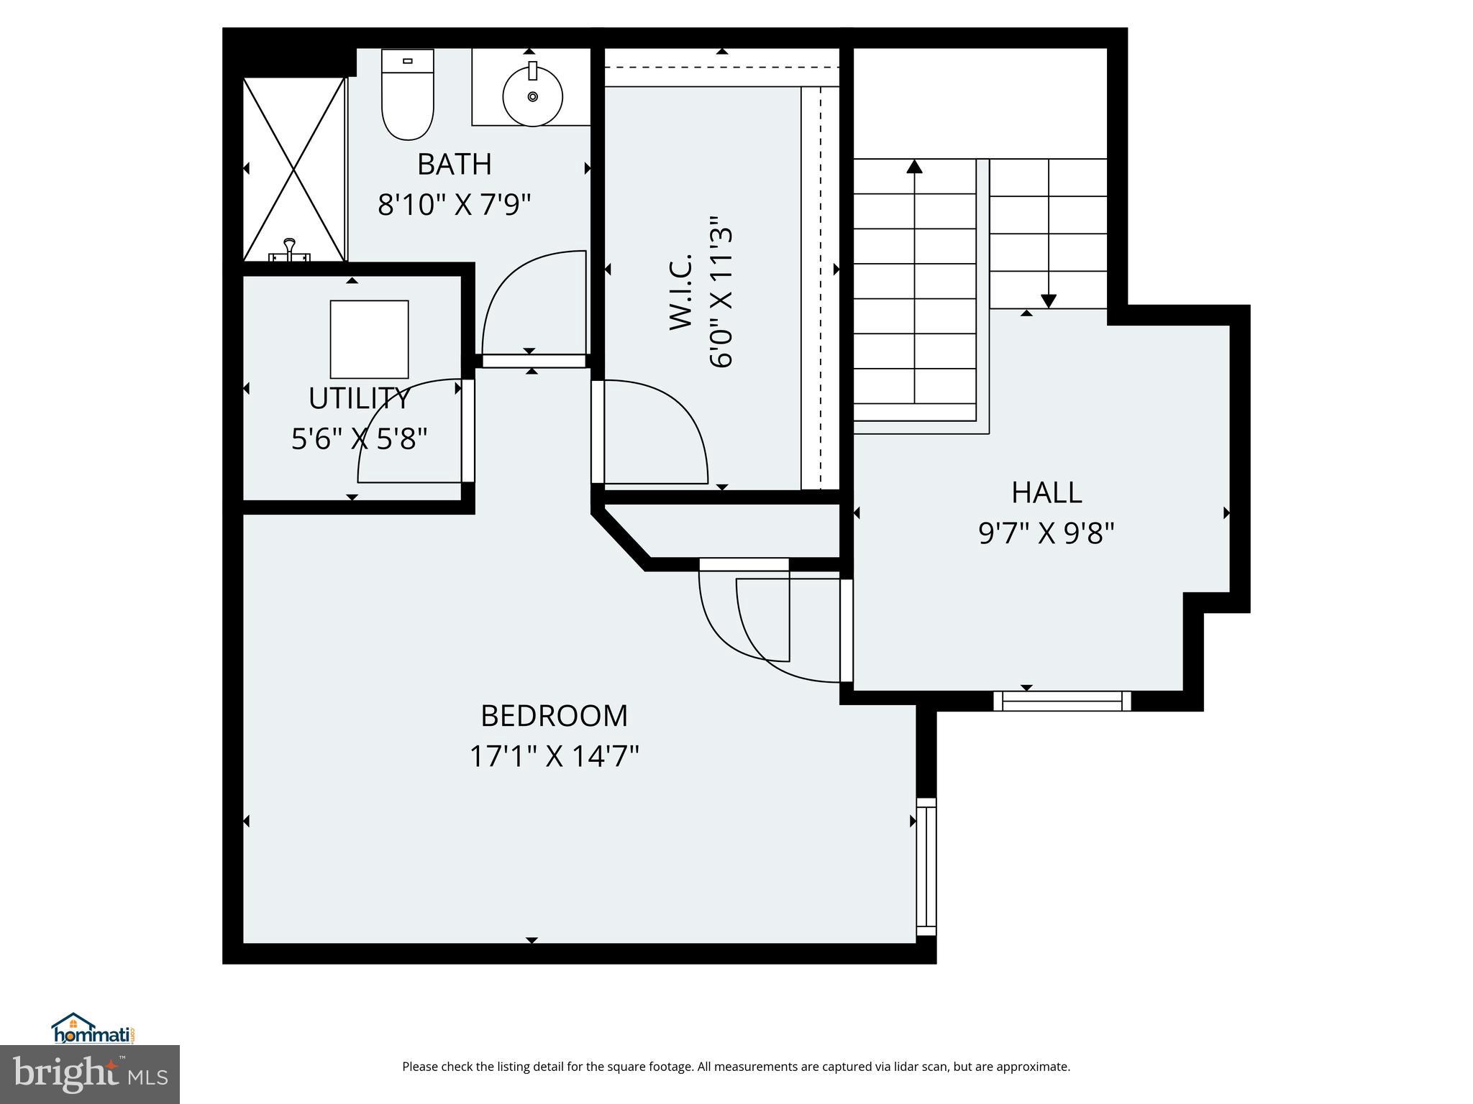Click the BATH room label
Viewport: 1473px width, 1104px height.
[454, 165]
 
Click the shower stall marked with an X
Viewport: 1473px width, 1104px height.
[294, 170]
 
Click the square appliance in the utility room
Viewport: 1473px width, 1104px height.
[369, 339]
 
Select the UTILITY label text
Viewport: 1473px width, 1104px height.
[359, 398]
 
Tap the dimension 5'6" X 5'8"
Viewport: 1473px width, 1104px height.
[359, 438]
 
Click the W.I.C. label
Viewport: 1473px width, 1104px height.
[681, 291]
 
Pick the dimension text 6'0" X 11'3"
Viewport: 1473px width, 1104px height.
[721, 291]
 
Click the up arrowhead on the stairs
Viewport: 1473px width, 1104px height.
[914, 167]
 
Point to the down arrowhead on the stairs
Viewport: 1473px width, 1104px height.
[1048, 300]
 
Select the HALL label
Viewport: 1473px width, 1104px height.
[1046, 493]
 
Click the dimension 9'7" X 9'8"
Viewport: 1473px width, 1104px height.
[1046, 534]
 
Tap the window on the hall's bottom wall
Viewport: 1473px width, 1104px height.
[1062, 701]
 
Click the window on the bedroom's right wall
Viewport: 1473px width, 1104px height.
[926, 866]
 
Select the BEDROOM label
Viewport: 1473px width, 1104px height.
[554, 716]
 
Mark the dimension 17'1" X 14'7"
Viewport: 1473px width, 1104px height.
[554, 756]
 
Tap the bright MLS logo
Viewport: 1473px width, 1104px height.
[90, 1075]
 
